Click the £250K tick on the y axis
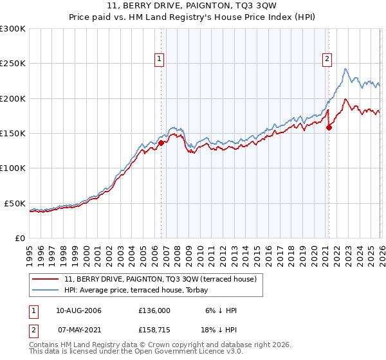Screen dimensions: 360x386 click(x=13, y=64)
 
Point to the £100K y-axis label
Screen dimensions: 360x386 click(x=13, y=168)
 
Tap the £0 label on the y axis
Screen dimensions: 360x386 click(x=19, y=238)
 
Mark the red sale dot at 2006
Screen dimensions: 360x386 click(x=161, y=143)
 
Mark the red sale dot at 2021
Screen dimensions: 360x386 click(x=329, y=127)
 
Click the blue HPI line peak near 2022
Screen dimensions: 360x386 click(x=345, y=69)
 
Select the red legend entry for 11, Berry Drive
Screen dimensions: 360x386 click(x=160, y=278)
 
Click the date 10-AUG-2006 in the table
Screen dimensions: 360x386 click(x=78, y=310)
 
